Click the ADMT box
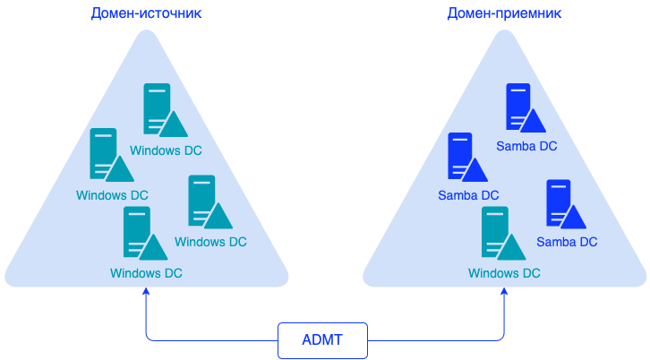pyautogui.click(x=322, y=340)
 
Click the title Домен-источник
pyautogui.click(x=146, y=13)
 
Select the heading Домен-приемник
pyautogui.click(x=504, y=13)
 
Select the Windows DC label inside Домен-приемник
pyautogui.click(x=504, y=273)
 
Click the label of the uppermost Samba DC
pyautogui.click(x=526, y=146)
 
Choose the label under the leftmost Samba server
pyautogui.click(x=468, y=194)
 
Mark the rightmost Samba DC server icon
pyautogui.click(x=563, y=204)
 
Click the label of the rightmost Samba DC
pyautogui.click(x=567, y=242)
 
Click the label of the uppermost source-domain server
pyautogui.click(x=166, y=150)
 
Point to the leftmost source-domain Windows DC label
pyautogui.click(x=112, y=195)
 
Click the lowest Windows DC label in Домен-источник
pyautogui.click(x=146, y=273)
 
